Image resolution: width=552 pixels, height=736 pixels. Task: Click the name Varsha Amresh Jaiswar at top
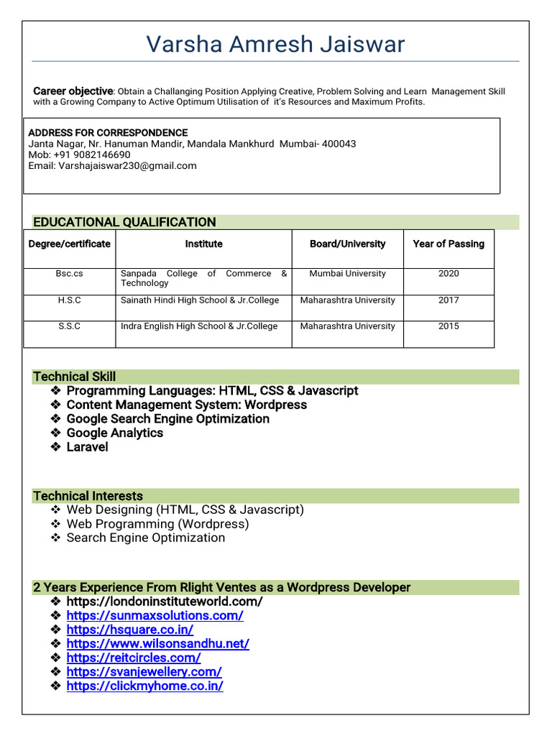pos(276,45)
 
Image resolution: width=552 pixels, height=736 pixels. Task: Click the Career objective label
pos(73,91)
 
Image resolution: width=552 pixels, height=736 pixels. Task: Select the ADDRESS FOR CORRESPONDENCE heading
pos(108,133)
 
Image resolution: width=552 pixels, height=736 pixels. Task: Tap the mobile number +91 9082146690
pos(91,155)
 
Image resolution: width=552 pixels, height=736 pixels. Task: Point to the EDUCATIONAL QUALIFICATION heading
pos(124,222)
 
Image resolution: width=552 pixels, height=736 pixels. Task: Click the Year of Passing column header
pos(448,244)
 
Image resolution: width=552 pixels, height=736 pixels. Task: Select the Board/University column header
pos(347,244)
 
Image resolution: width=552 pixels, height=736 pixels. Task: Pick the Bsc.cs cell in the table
pos(70,274)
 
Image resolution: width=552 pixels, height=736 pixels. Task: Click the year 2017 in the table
pos(448,300)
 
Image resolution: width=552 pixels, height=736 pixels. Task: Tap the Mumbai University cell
pos(347,274)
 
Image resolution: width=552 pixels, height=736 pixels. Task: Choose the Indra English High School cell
pos(199,326)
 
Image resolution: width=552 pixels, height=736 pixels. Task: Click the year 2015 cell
pos(448,326)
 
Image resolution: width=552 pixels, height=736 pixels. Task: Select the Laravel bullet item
pos(87,447)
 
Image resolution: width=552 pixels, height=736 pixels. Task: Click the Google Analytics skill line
pos(115,433)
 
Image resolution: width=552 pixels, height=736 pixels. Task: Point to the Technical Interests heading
pos(88,496)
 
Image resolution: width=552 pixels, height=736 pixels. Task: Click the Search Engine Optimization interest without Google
pos(146,538)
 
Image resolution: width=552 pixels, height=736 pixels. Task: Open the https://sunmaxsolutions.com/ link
pos(155,616)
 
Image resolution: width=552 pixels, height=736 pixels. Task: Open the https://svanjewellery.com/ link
pos(144,672)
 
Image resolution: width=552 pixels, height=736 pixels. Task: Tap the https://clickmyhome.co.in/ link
pos(144,686)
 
